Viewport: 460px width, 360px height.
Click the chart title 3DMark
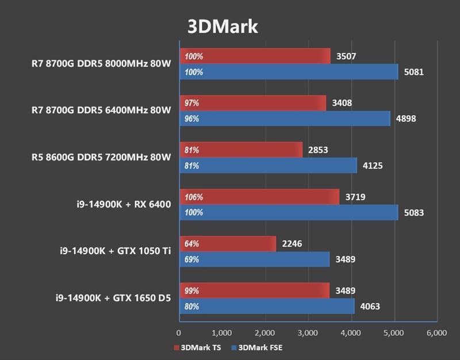(x=222, y=26)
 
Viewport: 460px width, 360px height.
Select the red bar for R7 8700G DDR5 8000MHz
(x=255, y=56)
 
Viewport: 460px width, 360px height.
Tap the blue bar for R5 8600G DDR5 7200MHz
(x=268, y=166)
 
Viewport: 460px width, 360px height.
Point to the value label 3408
(x=342, y=104)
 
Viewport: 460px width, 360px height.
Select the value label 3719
(x=355, y=197)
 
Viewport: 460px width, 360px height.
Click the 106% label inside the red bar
(x=193, y=197)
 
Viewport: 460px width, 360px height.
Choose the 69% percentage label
(x=192, y=259)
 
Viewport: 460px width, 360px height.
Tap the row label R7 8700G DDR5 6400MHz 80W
(x=102, y=111)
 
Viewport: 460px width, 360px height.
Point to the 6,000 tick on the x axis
(x=436, y=332)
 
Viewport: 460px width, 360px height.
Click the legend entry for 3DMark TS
(x=197, y=347)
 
